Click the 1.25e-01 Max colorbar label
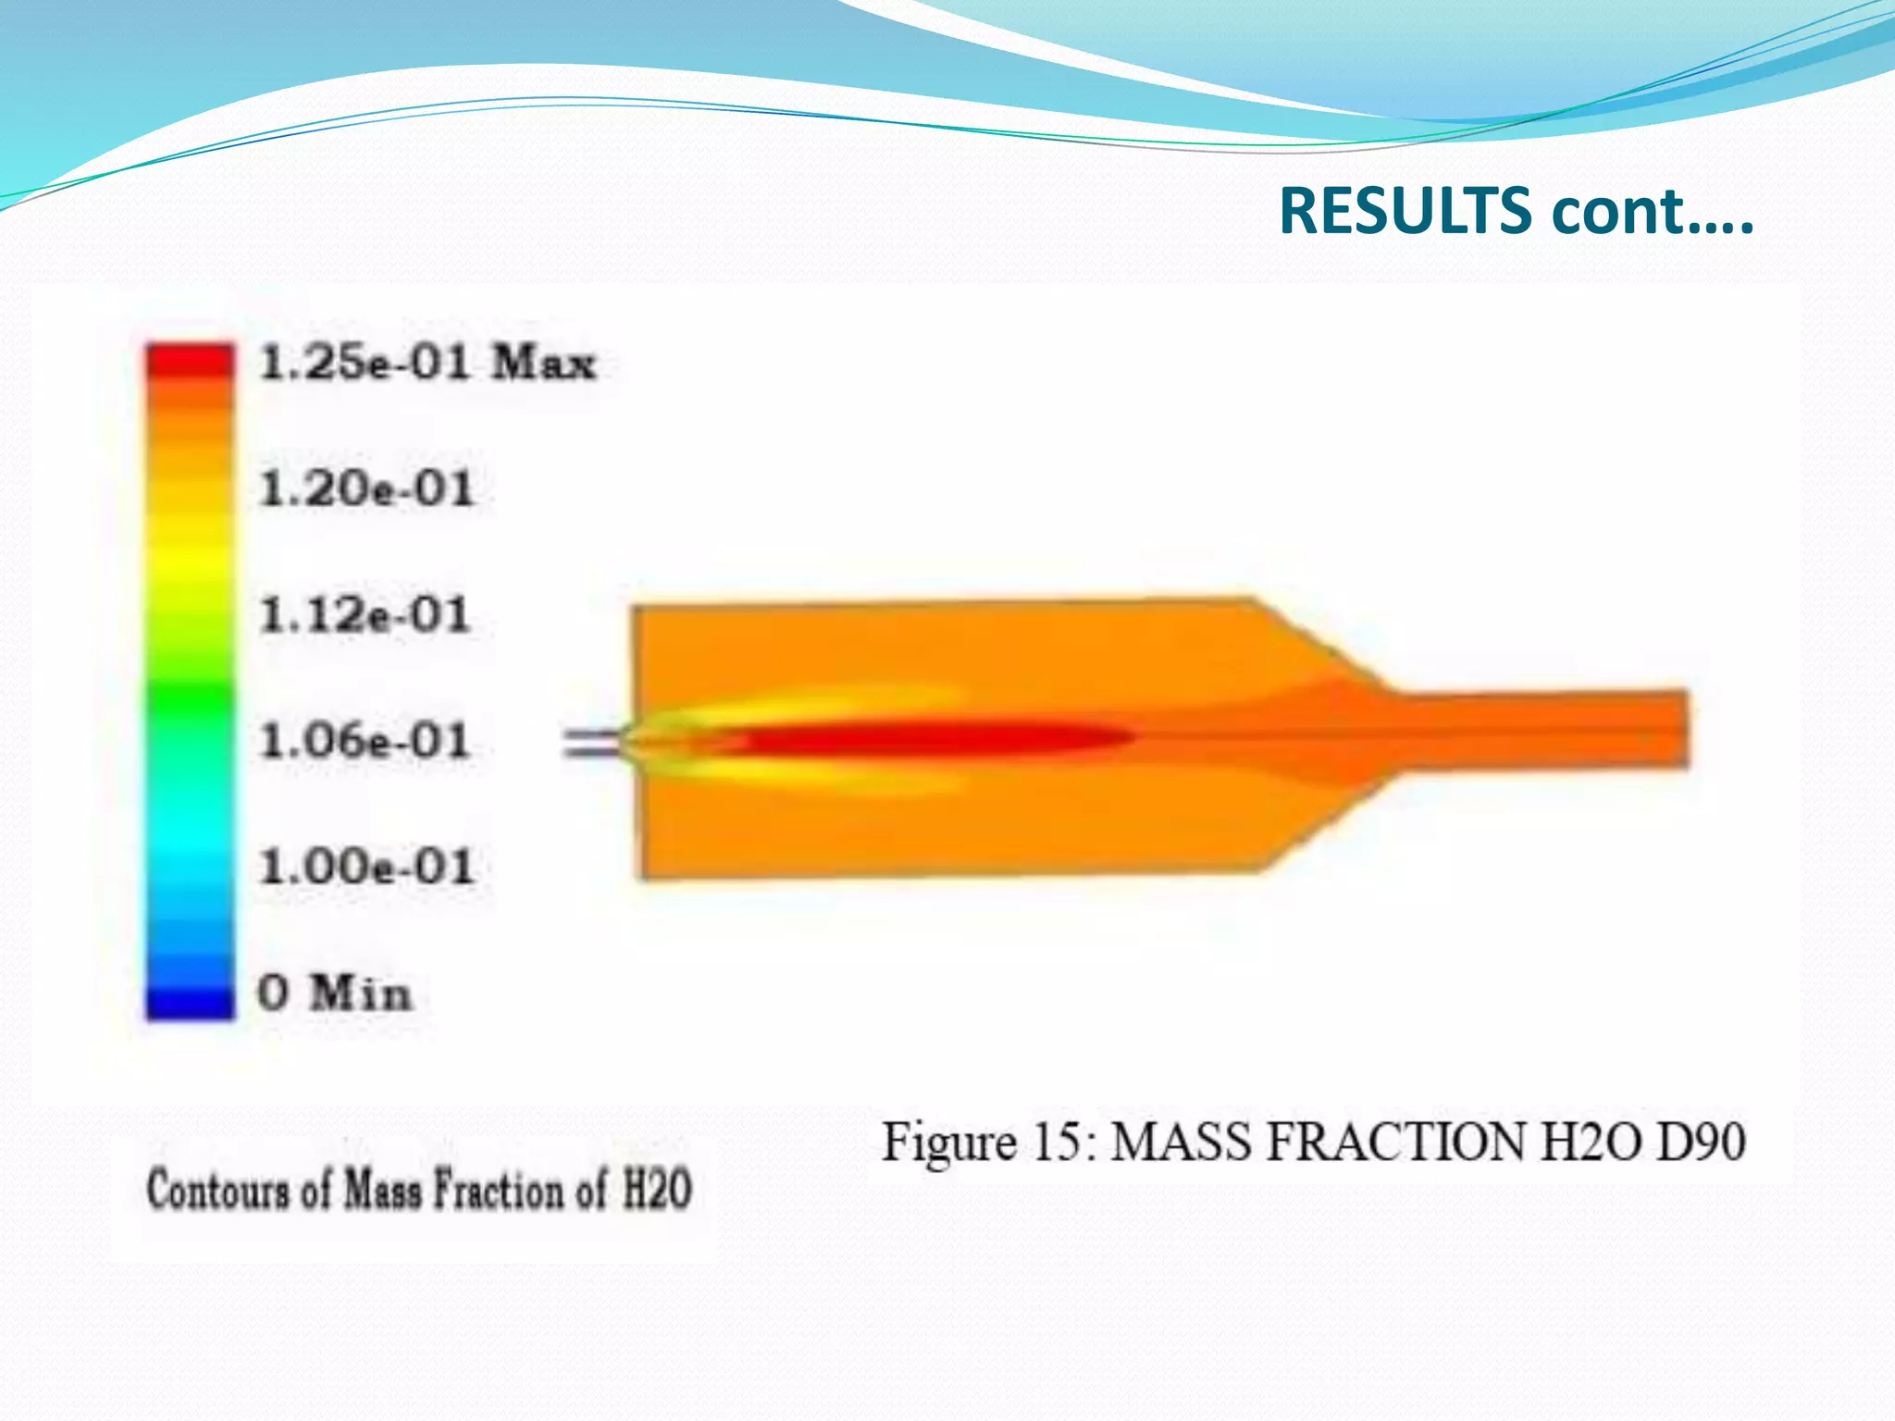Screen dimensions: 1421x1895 tap(427, 362)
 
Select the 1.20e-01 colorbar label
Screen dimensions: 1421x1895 tap(366, 488)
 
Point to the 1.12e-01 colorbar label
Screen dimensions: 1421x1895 tap(365, 615)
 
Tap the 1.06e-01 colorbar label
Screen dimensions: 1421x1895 tap(365, 741)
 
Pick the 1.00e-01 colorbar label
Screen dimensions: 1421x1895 tap(366, 867)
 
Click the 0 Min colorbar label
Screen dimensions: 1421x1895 tap(334, 994)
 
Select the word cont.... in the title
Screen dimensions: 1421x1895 tap(1653, 211)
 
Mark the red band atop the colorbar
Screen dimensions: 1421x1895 tap(190, 360)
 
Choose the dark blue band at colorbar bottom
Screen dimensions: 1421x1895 tap(190, 1003)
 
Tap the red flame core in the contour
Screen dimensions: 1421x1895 tap(935, 738)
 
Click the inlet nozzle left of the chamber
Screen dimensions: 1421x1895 tap(592, 743)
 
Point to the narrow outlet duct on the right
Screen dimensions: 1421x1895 tap(1545, 729)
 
